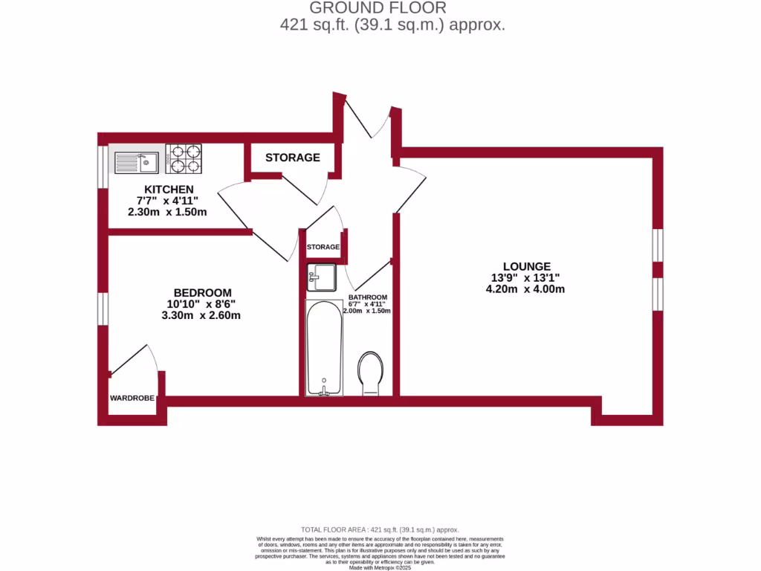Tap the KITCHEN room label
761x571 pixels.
(169, 190)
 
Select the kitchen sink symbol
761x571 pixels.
(137, 159)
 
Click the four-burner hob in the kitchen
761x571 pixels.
(184, 158)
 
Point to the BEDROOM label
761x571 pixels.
(203, 292)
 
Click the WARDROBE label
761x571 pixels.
(132, 399)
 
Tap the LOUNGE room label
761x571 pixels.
(526, 266)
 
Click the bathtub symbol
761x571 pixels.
(324, 347)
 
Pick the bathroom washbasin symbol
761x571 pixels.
(322, 277)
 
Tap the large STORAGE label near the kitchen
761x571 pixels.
(293, 158)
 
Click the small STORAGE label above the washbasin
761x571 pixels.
(323, 247)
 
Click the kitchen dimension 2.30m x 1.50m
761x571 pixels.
(167, 212)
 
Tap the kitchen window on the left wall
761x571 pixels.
(103, 164)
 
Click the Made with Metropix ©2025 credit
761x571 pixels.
(380, 568)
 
